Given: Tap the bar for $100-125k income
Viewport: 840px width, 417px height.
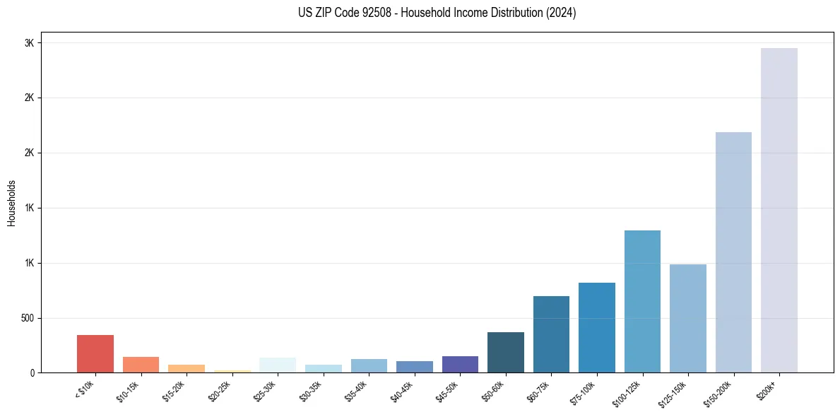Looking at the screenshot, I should (x=642, y=301).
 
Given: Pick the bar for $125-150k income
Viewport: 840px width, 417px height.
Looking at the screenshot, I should (x=687, y=318).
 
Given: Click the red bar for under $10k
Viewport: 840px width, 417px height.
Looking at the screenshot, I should (x=95, y=353).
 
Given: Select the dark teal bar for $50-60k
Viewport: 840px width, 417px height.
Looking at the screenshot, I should (x=506, y=352).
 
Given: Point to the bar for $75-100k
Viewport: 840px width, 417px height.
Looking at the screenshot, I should (x=597, y=327).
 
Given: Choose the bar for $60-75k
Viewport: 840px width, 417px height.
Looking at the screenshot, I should (x=551, y=334).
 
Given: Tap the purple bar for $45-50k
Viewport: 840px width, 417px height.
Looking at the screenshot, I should (x=460, y=364).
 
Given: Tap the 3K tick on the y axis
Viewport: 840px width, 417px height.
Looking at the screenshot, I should (x=30, y=43).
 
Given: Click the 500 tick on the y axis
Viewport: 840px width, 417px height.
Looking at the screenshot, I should (x=28, y=318).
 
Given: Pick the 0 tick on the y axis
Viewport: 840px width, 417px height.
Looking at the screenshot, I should (x=32, y=373).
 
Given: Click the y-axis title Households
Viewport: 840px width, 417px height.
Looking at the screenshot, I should (x=12, y=203).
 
